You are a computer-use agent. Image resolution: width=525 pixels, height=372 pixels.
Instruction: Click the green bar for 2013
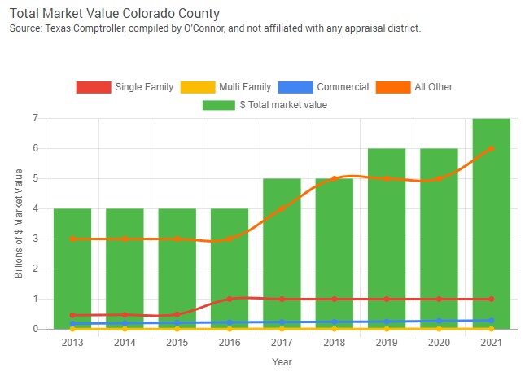[72, 269]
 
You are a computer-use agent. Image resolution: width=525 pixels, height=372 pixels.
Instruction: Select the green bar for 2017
[282, 253]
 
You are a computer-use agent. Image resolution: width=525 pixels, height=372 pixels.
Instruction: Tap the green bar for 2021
[491, 224]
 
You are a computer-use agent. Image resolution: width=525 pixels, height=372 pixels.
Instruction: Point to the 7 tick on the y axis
[36, 119]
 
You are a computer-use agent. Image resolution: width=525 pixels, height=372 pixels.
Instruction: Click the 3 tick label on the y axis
[36, 239]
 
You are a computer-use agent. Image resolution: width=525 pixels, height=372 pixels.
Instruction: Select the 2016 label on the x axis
[230, 343]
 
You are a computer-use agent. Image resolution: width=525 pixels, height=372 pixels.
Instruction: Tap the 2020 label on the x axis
[439, 343]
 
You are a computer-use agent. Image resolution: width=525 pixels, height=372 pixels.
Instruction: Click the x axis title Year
[281, 361]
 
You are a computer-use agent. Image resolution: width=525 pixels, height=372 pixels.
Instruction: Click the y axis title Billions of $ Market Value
[19, 224]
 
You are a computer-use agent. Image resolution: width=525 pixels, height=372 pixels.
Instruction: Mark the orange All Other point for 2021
[491, 149]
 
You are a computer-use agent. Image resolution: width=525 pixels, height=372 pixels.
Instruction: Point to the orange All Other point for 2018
[334, 179]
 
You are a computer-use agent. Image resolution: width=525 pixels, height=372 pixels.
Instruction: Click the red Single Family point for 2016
[230, 299]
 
